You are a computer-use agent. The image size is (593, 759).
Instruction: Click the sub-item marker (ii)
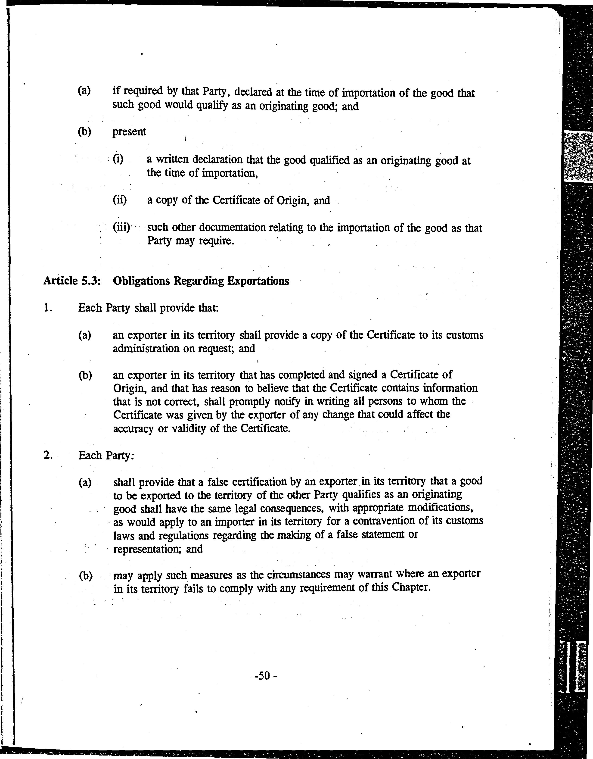coord(120,200)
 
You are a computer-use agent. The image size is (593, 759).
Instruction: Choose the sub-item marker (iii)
coord(121,227)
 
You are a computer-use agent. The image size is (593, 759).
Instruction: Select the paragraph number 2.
coord(48,455)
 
